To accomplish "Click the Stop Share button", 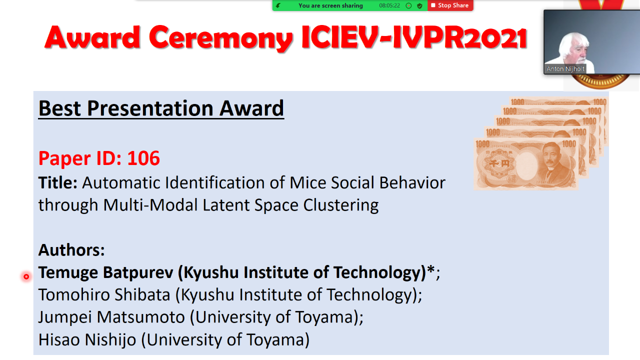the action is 450,5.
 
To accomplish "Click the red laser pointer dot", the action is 26,276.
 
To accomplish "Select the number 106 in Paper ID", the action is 143,158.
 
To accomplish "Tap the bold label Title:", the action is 58,183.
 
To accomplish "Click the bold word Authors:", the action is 71,250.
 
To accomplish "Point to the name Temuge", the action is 68,273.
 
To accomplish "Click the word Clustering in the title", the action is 341,205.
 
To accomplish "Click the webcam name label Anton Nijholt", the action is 565,69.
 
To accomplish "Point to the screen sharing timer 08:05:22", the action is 389,5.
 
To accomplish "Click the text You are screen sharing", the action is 330,5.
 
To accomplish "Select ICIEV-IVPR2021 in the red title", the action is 414,37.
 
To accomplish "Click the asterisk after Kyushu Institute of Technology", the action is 431,269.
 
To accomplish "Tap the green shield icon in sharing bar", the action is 419,5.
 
